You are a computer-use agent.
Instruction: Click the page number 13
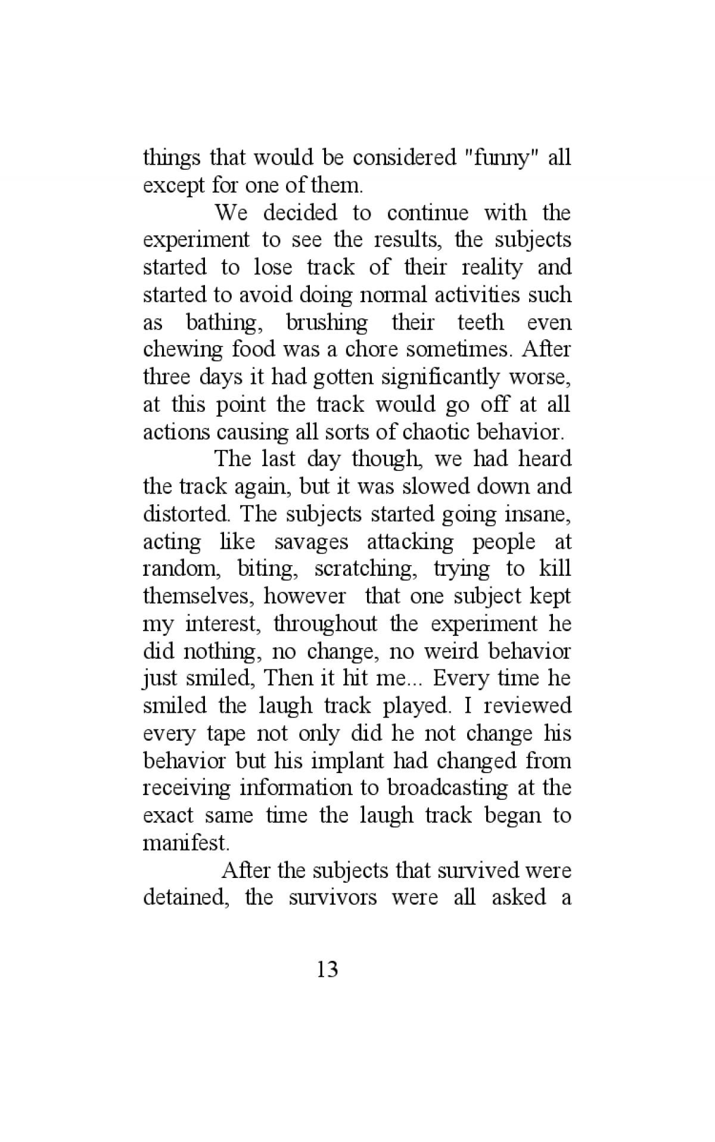tap(328, 970)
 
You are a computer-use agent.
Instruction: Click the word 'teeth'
tap(480, 322)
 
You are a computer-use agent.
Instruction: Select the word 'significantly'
tap(440, 377)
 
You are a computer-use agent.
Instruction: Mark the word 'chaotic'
tap(442, 432)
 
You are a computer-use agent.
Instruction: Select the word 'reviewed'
tap(527, 706)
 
